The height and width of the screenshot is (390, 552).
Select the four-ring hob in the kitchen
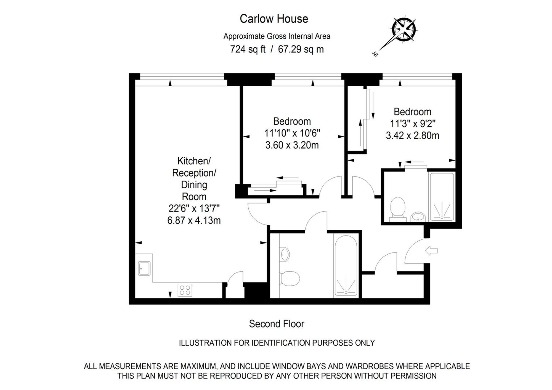click(x=185, y=290)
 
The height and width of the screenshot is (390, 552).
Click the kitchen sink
click(x=144, y=268)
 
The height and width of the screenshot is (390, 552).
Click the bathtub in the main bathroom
click(x=346, y=265)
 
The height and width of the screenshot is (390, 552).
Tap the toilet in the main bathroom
click(x=290, y=278)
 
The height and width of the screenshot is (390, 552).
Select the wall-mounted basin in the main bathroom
click(x=285, y=254)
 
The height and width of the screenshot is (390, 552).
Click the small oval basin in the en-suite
click(x=418, y=217)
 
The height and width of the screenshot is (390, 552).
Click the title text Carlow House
click(x=274, y=19)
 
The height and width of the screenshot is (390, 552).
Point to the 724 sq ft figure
click(x=248, y=49)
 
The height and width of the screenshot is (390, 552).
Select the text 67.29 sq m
click(x=301, y=49)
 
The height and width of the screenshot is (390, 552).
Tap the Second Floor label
click(x=276, y=324)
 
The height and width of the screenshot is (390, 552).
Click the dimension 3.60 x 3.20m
click(x=292, y=145)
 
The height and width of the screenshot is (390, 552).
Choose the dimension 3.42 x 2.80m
click(x=412, y=135)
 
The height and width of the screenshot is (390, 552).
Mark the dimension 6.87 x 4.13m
click(x=194, y=220)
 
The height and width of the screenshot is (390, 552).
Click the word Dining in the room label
click(x=194, y=185)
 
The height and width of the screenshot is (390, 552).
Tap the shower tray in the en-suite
click(x=442, y=197)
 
